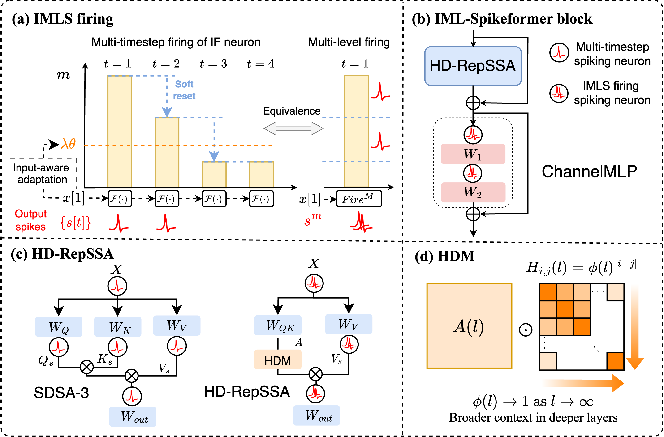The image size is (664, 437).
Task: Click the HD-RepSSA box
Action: [473, 66]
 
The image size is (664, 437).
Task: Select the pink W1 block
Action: [473, 154]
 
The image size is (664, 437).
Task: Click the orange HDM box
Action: [278, 360]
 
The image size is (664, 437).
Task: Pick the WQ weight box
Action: [59, 327]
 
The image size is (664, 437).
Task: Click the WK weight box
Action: [117, 327]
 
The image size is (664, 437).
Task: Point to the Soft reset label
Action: [184, 90]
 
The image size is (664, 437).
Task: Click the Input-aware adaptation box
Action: [43, 173]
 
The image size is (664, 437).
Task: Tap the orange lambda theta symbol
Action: [68, 144]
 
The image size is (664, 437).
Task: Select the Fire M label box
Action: [359, 199]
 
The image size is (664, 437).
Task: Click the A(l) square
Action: [469, 326]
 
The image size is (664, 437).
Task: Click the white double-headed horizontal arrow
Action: [293, 129]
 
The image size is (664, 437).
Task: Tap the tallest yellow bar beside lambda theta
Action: [120, 131]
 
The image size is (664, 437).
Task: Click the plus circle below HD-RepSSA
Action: [473, 103]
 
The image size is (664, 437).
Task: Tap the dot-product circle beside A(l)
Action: [526, 330]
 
